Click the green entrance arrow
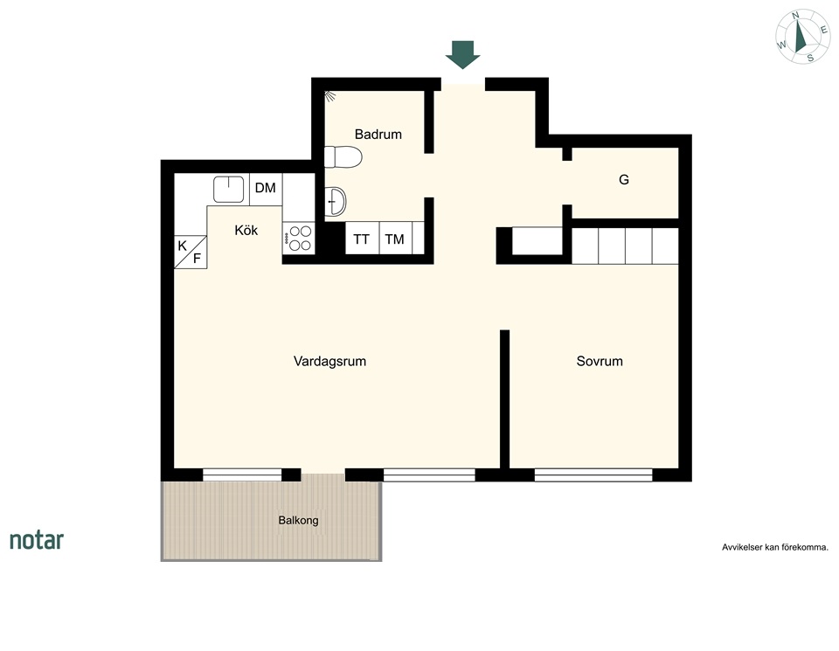pyautogui.click(x=463, y=54)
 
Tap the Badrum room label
pyautogui.click(x=378, y=135)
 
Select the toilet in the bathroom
pyautogui.click(x=343, y=156)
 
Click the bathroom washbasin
pyautogui.click(x=336, y=202)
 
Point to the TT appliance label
pyautogui.click(x=361, y=239)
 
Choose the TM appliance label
pyautogui.click(x=394, y=239)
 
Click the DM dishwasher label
pyautogui.click(x=266, y=188)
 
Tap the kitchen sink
pyautogui.click(x=228, y=190)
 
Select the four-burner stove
pyautogui.click(x=299, y=238)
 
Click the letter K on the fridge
pyautogui.click(x=183, y=246)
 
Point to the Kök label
pyautogui.click(x=246, y=230)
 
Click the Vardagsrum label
pyautogui.click(x=329, y=361)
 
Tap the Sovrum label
pyautogui.click(x=600, y=361)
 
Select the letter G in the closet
pyautogui.click(x=624, y=180)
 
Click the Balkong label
pyautogui.click(x=298, y=520)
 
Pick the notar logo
pyautogui.click(x=37, y=540)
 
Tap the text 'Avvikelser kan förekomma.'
pyautogui.click(x=775, y=547)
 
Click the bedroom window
pyautogui.click(x=593, y=475)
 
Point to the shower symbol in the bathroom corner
pyautogui.click(x=330, y=96)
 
